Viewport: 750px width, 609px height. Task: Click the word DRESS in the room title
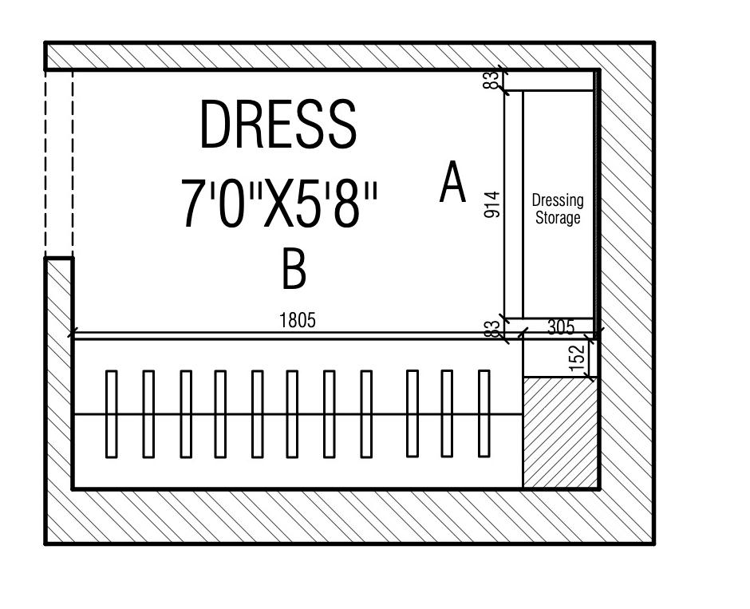[277, 125]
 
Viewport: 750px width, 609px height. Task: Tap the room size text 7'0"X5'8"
[278, 204]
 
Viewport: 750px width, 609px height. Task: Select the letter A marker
[452, 182]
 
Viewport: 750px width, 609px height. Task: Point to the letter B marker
[294, 268]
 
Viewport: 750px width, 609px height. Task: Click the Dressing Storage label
[558, 208]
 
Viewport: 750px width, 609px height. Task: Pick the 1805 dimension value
[298, 320]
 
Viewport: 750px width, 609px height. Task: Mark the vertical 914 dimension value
[491, 204]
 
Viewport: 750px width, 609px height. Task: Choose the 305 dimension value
[562, 326]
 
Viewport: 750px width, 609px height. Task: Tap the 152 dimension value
[582, 358]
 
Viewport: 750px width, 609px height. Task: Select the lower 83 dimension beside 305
[494, 328]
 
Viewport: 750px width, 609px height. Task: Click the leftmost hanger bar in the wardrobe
[112, 413]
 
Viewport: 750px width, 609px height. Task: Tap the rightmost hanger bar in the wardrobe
[484, 413]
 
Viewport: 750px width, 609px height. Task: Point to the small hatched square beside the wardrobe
[560, 432]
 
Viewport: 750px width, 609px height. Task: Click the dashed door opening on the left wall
[58, 164]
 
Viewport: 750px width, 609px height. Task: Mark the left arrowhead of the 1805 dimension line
[73, 333]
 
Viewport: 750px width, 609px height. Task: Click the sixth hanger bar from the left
[292, 413]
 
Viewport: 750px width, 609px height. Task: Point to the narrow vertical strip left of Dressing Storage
[514, 204]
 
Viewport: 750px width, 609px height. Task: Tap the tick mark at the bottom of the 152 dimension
[591, 377]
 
